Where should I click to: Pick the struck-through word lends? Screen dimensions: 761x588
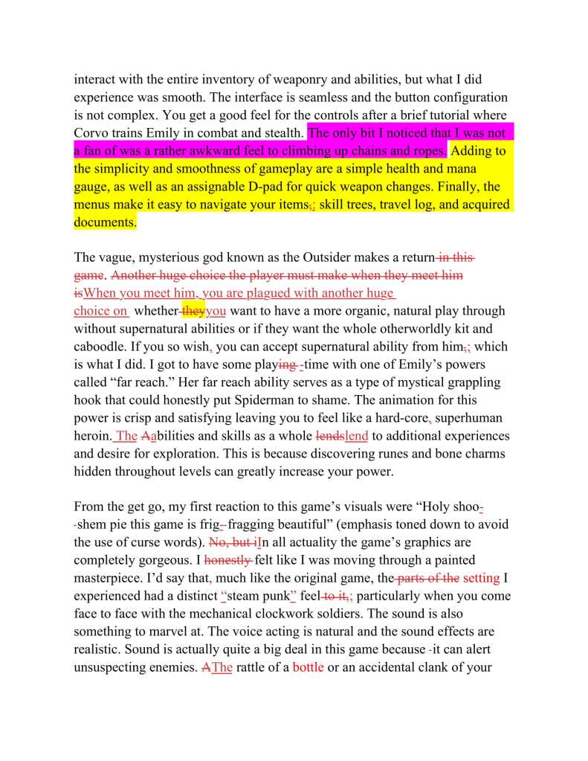[x=330, y=436]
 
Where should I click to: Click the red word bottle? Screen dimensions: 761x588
[x=308, y=667]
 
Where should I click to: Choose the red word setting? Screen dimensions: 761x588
[x=482, y=578]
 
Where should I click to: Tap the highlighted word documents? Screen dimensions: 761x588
[x=106, y=222]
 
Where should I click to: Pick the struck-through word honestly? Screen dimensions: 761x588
[x=228, y=560]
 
